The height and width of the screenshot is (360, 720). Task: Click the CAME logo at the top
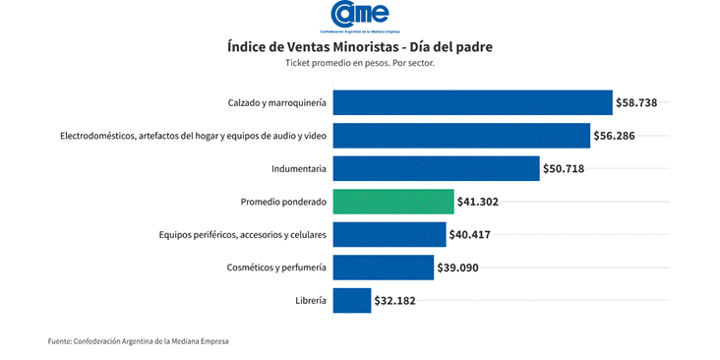[360, 16]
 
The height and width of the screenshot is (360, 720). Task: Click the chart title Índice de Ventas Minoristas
[360, 46]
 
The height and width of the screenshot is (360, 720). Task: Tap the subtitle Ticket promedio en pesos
[360, 63]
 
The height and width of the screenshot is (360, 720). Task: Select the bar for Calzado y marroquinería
[472, 102]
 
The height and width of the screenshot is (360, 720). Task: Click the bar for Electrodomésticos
[461, 136]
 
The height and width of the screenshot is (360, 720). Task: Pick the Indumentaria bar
[436, 168]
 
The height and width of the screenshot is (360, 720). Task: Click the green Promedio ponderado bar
[393, 202]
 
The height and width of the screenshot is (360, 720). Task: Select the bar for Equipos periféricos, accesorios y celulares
[390, 235]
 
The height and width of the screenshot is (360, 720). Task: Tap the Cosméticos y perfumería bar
[384, 268]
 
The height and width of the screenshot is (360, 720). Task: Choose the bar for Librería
[352, 301]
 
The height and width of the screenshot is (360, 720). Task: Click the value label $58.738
[642, 102]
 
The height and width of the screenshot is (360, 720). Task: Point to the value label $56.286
[620, 136]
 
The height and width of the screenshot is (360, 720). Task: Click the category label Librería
[310, 301]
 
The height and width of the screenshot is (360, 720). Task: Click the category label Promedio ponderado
[283, 202]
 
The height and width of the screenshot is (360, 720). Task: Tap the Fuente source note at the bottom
[139, 341]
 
